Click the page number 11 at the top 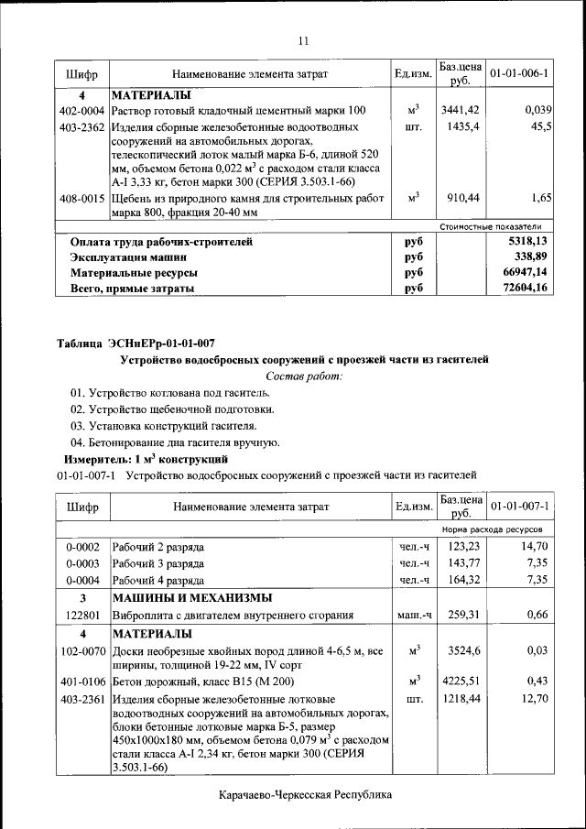coord(303,39)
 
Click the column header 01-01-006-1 coord(519,72)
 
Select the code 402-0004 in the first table coord(81,110)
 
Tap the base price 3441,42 coord(460,110)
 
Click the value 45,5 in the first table coord(540,126)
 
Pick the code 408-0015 coord(81,197)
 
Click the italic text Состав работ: coord(303,376)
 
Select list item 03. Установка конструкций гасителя coord(163,426)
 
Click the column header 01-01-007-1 coord(519,506)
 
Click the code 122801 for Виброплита coord(81,615)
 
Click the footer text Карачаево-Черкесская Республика coord(305,795)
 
